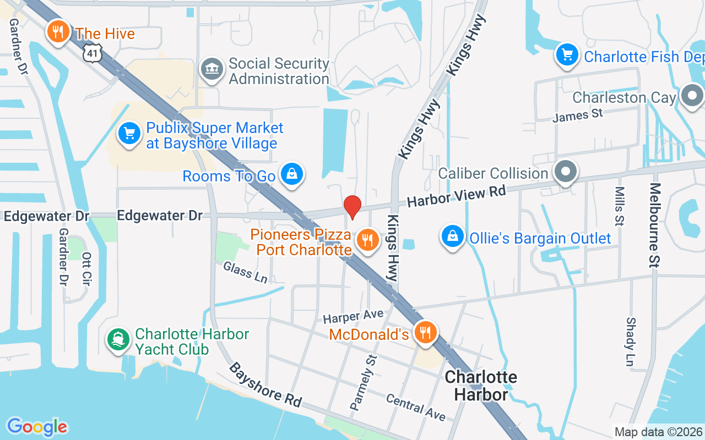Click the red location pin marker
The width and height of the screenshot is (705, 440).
pos(352,207)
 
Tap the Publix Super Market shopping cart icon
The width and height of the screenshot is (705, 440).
pos(129,134)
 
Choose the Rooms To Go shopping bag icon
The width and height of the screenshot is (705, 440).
pos(291,174)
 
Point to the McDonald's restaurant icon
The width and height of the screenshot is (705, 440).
pos(425,333)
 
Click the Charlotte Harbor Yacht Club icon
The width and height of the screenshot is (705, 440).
pos(118,340)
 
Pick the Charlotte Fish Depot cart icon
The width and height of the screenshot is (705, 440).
pos(567,54)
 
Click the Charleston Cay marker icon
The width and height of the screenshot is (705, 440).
pos(692,96)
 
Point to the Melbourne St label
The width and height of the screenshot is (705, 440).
pos(654,226)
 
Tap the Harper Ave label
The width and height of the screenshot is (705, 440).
pos(353,317)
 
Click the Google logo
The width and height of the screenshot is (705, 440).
pos(37,427)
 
